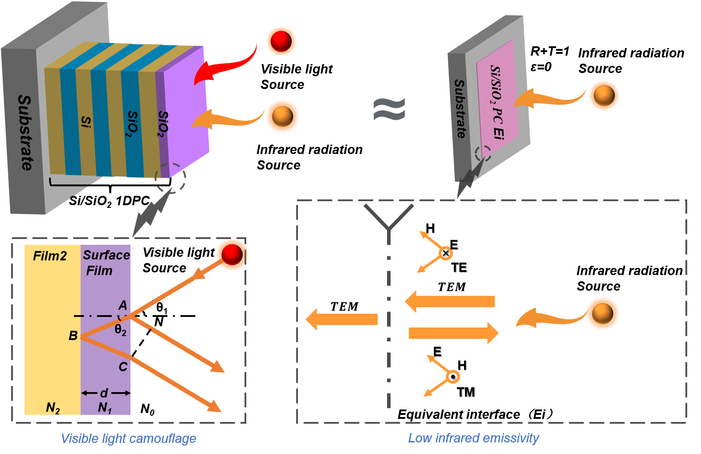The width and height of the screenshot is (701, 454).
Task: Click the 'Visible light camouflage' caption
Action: (128, 438)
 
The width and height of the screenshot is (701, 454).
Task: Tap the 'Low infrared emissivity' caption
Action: (473, 438)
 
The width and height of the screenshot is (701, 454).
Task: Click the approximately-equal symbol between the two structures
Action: (389, 109)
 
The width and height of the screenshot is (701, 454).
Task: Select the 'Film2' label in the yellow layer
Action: (50, 256)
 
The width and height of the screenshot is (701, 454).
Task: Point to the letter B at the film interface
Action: (73, 336)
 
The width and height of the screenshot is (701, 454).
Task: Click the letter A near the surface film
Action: (123, 305)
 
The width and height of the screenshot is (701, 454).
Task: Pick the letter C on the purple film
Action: (123, 367)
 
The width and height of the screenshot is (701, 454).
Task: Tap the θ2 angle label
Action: (120, 330)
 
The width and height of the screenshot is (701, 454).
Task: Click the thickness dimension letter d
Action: (104, 393)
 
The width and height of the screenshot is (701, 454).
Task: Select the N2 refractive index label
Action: (53, 408)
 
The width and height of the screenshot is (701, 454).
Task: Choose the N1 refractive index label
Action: (105, 408)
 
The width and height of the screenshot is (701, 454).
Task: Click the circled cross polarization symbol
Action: (445, 253)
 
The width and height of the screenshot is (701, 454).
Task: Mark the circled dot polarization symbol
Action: (453, 377)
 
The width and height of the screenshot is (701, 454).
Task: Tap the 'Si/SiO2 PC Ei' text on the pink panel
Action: (497, 102)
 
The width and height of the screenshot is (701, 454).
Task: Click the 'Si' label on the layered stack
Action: (86, 122)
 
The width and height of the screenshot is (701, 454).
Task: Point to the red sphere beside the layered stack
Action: (281, 41)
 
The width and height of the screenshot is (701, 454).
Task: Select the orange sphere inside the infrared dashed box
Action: (602, 313)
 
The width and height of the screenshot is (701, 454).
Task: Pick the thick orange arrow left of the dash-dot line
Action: (342, 319)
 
